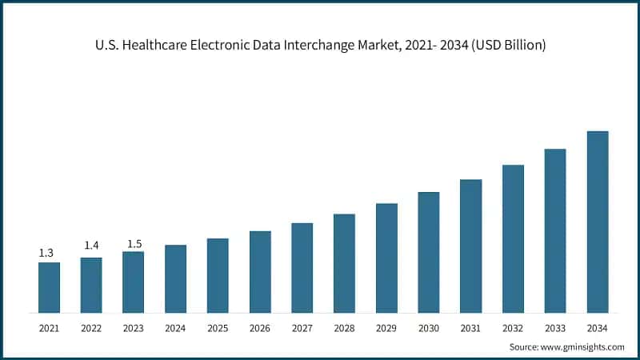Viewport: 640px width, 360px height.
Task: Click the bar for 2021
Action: tap(49, 287)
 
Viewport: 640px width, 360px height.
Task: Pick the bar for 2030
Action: tap(429, 252)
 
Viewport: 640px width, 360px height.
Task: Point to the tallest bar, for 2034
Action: tap(598, 222)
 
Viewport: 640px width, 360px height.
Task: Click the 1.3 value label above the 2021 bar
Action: tap(46, 253)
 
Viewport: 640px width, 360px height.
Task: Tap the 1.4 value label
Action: tap(91, 246)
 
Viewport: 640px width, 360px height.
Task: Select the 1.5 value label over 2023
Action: tap(134, 243)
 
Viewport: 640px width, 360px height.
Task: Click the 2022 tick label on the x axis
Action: tap(91, 328)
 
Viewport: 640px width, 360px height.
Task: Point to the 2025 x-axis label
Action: tap(218, 328)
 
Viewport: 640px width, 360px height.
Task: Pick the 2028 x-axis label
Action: tap(344, 328)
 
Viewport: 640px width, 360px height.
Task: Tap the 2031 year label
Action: tap(470, 328)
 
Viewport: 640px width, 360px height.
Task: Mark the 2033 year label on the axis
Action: tap(555, 328)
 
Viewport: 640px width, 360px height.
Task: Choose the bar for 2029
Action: tap(386, 258)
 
